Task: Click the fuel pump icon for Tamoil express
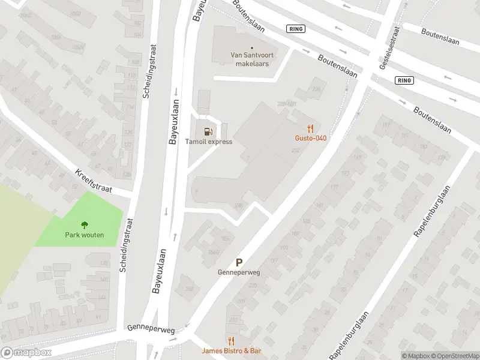[208, 131]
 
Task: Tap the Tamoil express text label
[208, 142]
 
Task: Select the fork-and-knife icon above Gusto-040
[310, 128]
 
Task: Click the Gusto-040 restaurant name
[310, 138]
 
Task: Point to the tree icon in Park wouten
[85, 225]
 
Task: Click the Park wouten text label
[85, 235]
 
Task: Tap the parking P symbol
[239, 262]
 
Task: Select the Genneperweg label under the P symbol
[239, 272]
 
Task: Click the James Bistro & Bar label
[232, 350]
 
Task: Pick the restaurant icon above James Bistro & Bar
[232, 340]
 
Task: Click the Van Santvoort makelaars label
[251, 59]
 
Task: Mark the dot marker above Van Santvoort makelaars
[251, 47]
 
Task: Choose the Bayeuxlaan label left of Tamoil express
[174, 123]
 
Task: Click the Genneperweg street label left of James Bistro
[151, 330]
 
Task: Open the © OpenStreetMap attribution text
[454, 356]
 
